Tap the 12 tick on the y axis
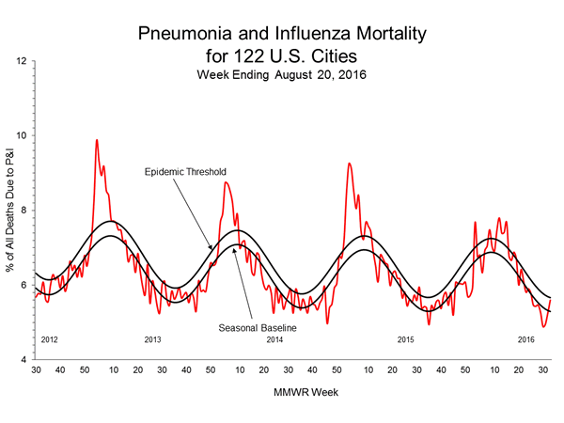point(21,61)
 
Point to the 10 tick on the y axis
point(21,135)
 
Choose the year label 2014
point(275,338)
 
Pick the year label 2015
point(405,338)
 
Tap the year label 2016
point(526,338)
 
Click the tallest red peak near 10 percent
point(97,140)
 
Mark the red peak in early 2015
point(350,164)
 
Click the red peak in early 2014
point(226,183)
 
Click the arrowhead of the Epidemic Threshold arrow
point(212,248)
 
